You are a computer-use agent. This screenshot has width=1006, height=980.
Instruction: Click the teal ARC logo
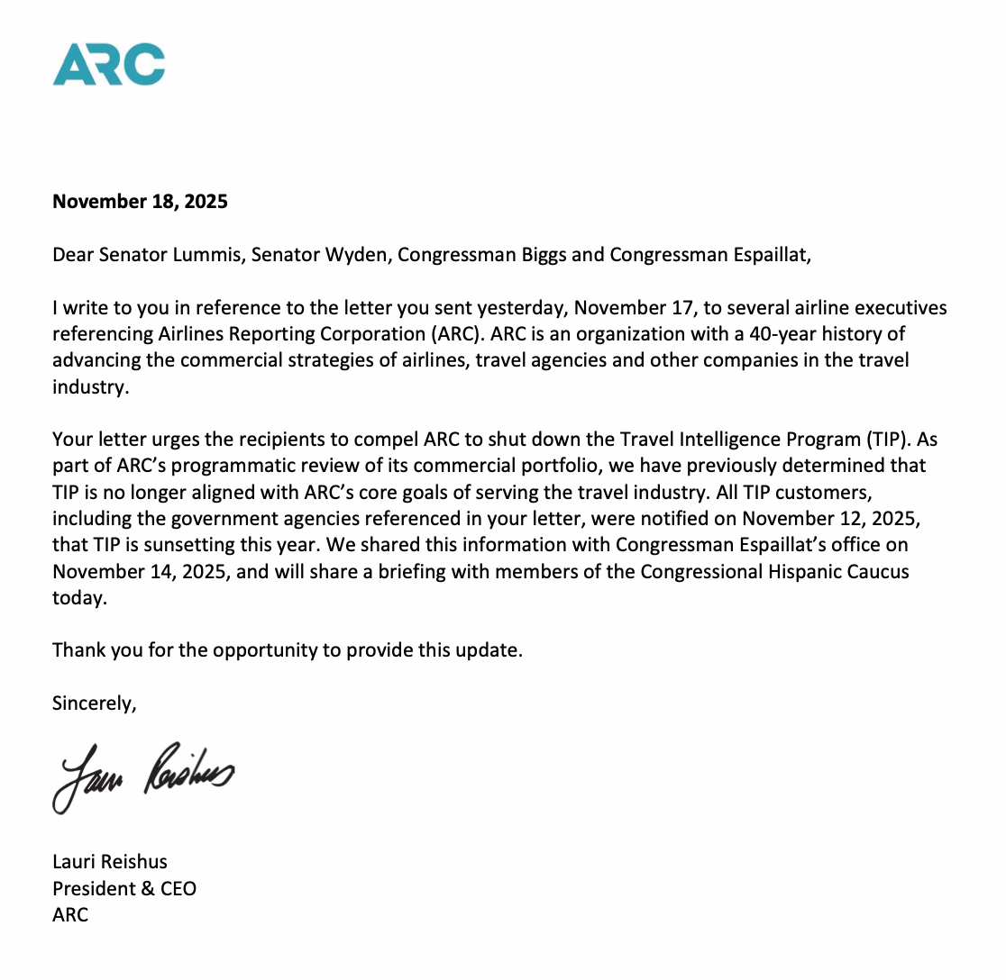tap(108, 63)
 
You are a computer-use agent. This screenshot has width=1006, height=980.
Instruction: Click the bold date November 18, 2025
tap(140, 202)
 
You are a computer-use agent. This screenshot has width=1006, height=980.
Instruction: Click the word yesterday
tap(529, 308)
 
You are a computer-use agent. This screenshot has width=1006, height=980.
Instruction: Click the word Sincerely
tap(94, 703)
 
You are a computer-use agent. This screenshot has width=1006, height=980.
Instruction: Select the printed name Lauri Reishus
tap(110, 862)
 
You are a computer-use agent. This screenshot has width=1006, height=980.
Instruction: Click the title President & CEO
tap(124, 889)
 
